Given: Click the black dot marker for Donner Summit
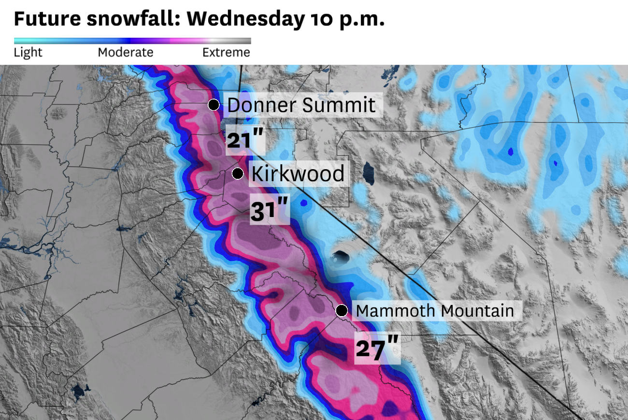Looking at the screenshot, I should (214, 104).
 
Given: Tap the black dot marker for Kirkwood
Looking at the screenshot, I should (238, 174).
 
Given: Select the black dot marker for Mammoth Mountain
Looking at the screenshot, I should (342, 310).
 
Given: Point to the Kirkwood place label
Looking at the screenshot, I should (298, 174).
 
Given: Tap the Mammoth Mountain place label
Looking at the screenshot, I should (434, 311).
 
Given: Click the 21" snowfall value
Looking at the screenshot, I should (245, 141).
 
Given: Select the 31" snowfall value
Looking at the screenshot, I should (269, 211).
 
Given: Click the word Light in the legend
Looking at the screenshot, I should (28, 52).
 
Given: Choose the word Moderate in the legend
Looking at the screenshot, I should (125, 52).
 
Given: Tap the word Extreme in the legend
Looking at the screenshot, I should (226, 52).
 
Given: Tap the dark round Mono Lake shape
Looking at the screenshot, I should (341, 257).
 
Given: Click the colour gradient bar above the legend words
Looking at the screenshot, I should (132, 41).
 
